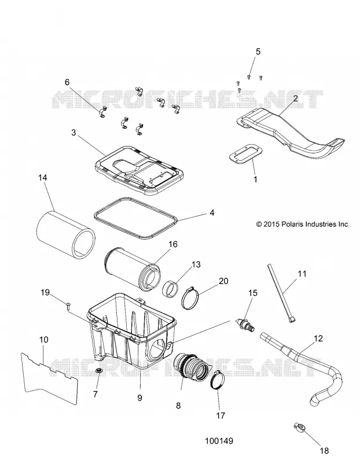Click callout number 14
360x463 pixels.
coord(42,178)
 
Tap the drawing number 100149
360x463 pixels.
coord(219,441)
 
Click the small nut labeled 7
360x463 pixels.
coord(98,371)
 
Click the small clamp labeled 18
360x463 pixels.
coord(299,427)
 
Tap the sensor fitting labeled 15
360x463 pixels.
coord(246,326)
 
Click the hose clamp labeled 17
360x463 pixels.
coord(218,380)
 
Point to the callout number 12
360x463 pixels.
coord(318,339)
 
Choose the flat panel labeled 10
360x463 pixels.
coord(50,377)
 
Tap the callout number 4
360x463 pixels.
coord(212,212)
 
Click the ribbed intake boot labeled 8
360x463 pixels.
coord(191,367)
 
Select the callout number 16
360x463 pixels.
coord(172,244)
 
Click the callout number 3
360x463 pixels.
coord(74,133)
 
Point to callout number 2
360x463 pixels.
coord(295,98)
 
